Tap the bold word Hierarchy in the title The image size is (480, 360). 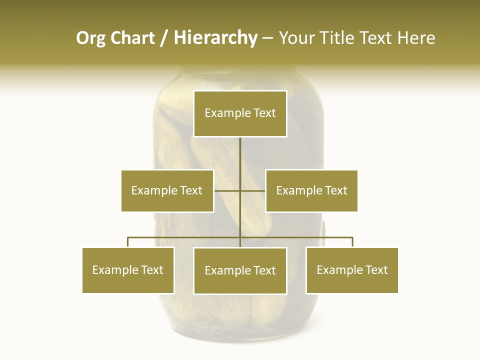click(215, 38)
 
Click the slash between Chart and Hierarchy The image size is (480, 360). click(164, 38)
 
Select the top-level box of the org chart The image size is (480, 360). click(240, 113)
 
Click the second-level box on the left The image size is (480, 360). click(167, 190)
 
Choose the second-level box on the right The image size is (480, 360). click(311, 190)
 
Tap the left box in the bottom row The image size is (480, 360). click(128, 270)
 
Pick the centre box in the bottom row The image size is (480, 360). click(240, 270)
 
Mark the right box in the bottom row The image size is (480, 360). click(352, 270)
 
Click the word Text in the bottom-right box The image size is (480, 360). click(376, 270)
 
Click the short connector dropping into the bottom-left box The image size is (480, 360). click(128, 242)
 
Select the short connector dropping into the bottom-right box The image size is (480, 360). click(352, 242)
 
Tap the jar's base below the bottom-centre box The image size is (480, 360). click(240, 325)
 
